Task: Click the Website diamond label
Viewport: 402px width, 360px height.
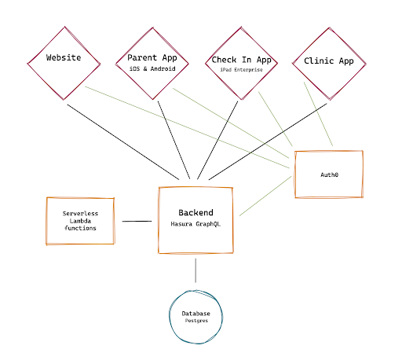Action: click(64, 57)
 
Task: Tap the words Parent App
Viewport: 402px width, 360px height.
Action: click(152, 57)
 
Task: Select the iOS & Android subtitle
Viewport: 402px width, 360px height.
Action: click(152, 68)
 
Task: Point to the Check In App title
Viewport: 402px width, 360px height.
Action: click(241, 60)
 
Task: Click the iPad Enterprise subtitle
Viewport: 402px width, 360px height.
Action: click(241, 70)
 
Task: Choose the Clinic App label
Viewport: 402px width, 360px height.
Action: click(329, 61)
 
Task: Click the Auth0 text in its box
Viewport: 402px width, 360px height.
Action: click(329, 174)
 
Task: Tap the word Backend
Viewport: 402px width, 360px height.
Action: click(196, 212)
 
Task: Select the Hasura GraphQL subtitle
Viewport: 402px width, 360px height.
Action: click(196, 224)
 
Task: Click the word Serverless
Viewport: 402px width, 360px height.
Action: click(80, 214)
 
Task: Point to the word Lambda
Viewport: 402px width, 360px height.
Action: click(80, 221)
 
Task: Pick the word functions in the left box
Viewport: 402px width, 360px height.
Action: click(80, 228)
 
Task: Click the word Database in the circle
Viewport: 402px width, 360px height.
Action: click(196, 314)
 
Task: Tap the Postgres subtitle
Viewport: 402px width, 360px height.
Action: click(196, 321)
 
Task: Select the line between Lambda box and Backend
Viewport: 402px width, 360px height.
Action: click(137, 221)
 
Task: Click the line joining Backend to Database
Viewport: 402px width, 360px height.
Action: click(196, 270)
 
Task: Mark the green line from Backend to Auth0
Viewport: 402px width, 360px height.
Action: click(265, 196)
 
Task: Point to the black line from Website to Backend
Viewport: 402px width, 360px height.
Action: click(123, 142)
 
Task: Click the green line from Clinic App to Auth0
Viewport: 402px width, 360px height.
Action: click(318, 114)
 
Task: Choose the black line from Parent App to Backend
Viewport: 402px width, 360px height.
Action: click(174, 140)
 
